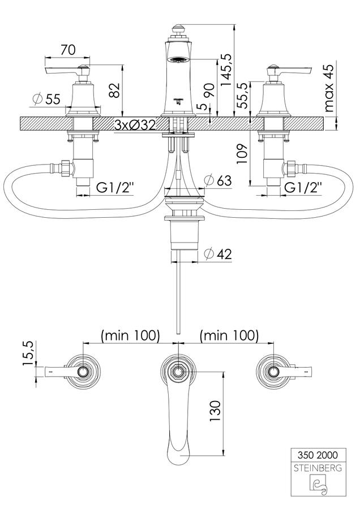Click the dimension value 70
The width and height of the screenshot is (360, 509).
coord(68,50)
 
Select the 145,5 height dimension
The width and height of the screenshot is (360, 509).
coord(226,70)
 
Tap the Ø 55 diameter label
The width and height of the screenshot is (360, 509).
coord(47,98)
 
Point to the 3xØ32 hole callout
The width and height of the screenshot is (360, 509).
coord(135,125)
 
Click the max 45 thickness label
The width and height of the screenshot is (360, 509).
coord(329,88)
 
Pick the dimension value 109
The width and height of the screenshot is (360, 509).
coord(242,153)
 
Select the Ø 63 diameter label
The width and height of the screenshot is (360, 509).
coord(218,180)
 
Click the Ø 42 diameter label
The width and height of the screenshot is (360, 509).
coord(218,253)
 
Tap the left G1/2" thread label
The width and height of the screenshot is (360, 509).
coord(115,187)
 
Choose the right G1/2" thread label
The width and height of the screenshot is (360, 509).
coord(303,187)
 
